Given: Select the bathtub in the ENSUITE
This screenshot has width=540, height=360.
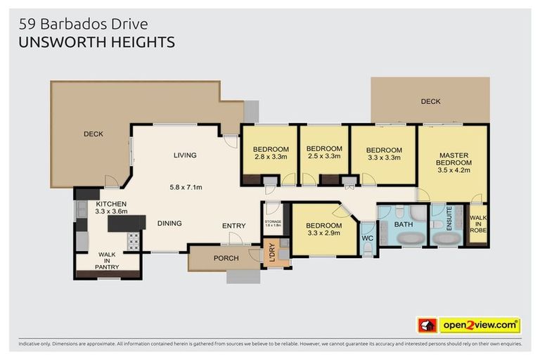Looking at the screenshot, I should click(x=446, y=238).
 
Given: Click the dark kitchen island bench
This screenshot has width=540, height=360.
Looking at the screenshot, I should click(x=127, y=223).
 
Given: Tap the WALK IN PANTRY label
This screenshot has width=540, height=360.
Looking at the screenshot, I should click(x=108, y=262).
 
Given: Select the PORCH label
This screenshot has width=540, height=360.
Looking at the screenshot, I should click(x=226, y=258).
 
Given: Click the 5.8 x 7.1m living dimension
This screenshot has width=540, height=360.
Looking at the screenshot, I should click(x=186, y=187).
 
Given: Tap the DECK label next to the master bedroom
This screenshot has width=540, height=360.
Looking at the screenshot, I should click(x=430, y=102).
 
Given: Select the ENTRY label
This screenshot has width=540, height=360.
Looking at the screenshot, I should click(x=234, y=225).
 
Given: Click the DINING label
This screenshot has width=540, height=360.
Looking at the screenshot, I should click(x=169, y=224).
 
